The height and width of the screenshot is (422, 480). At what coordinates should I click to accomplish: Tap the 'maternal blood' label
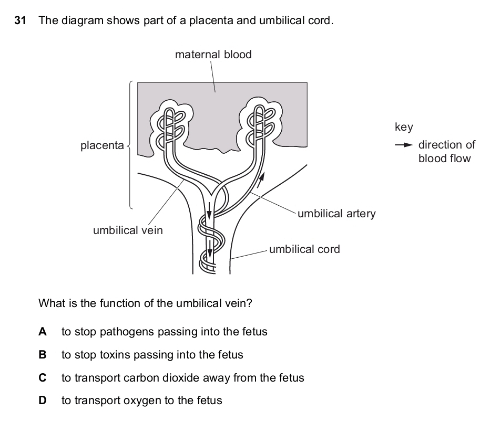click(x=213, y=54)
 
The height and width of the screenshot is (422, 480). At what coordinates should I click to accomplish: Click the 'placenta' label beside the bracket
click(x=102, y=145)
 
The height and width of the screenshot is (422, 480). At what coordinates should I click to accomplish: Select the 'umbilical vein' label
click(x=128, y=230)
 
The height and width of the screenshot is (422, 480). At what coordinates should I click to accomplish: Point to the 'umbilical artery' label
click(x=336, y=214)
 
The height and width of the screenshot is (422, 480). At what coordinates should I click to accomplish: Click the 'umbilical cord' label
click(x=304, y=249)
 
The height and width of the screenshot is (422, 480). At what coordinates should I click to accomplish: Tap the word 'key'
click(x=404, y=127)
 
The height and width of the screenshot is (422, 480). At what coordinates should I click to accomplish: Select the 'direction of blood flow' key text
click(x=446, y=152)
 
